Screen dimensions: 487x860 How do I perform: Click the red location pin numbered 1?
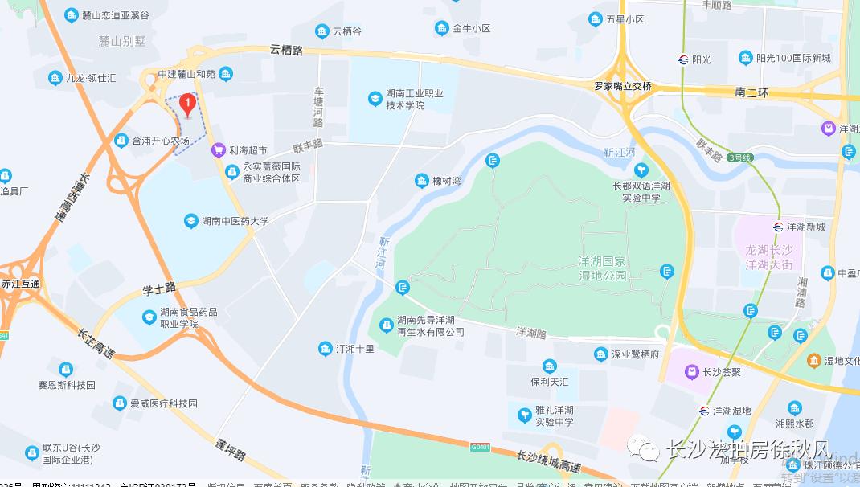[187, 104]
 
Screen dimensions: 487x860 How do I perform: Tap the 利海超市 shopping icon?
[217, 149]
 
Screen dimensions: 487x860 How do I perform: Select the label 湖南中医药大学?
[235, 221]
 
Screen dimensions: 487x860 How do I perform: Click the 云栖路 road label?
[287, 51]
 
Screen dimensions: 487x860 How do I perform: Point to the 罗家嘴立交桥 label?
[623, 86]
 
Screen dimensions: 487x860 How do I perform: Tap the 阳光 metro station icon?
[682, 59]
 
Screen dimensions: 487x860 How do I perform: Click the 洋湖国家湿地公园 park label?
[601, 268]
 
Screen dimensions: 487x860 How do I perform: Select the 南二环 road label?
[751, 92]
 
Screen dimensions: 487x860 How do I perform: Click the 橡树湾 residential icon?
[422, 181]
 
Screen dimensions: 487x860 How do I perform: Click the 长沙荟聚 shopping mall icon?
[690, 371]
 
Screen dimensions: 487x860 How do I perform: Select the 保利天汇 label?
[549, 382]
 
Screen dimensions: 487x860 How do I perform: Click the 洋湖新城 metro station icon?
[778, 227]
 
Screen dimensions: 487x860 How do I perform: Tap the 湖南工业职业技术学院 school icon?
[374, 99]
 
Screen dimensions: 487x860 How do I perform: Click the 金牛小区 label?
[471, 29]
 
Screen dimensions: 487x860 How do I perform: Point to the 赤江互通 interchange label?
[21, 284]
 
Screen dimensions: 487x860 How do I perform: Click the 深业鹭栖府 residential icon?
[600, 354]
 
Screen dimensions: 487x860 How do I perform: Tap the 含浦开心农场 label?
[160, 141]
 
